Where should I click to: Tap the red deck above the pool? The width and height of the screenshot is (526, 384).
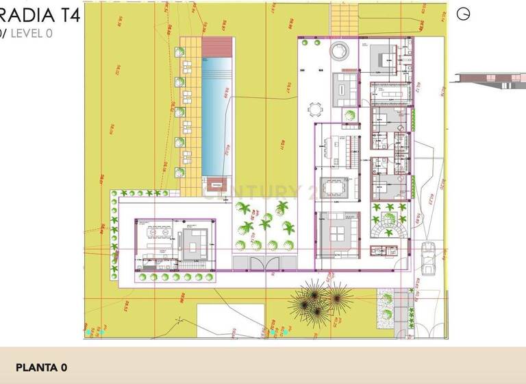[x=218, y=47]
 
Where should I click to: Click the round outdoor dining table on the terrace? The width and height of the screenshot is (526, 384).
[x=316, y=108]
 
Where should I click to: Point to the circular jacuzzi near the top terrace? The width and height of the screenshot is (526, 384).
[x=339, y=51]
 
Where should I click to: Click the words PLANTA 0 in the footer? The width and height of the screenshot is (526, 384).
[x=41, y=368]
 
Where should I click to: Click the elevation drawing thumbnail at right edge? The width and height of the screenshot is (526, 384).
[x=488, y=80]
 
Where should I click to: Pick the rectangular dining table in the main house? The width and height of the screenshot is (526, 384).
[x=336, y=189]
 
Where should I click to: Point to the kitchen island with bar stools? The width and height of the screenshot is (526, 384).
[x=335, y=145]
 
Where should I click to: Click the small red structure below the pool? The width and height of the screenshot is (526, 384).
[x=217, y=182]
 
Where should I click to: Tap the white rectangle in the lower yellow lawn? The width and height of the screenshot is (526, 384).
[x=230, y=318]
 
